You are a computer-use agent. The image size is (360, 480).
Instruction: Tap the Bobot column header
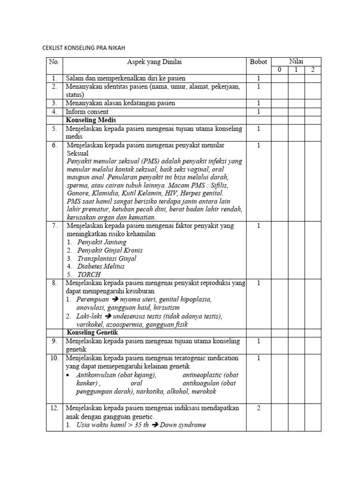coord(258,62)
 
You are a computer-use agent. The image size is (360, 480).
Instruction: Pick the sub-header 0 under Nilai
coord(279,70)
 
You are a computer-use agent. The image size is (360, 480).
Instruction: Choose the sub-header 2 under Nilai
coord(313,70)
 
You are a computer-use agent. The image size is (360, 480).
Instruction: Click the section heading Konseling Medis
coord(88,120)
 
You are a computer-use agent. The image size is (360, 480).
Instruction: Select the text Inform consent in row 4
coord(87,112)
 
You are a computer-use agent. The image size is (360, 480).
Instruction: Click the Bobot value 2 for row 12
coord(258,408)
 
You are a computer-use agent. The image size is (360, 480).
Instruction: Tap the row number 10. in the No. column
coord(54,358)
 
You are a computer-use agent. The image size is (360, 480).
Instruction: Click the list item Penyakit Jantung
coord(102,242)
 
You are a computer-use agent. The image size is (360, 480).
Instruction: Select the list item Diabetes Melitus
coord(101,266)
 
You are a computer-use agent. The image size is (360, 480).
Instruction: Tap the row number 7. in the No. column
coord(54,226)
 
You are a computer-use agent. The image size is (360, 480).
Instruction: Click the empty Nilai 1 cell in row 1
coord(296,78)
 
